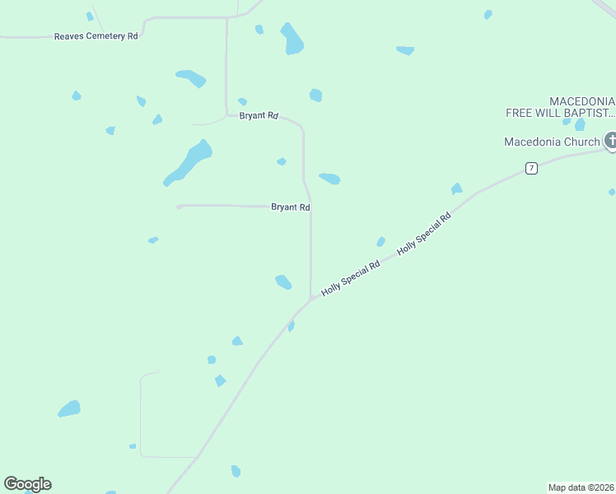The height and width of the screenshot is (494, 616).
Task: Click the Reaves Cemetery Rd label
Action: (x=96, y=36)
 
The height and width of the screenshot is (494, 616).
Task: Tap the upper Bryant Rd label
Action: (x=259, y=116)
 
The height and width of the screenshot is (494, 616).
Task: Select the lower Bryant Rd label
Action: (x=290, y=207)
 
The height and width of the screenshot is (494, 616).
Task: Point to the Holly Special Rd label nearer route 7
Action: (x=425, y=233)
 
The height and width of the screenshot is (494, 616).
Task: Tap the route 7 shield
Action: (x=531, y=168)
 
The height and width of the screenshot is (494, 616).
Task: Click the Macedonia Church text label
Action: (x=552, y=142)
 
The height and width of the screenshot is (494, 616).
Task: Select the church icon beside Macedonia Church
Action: (x=610, y=141)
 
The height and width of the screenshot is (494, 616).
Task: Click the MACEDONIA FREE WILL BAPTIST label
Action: (x=561, y=106)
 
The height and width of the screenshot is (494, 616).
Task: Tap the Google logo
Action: (x=27, y=484)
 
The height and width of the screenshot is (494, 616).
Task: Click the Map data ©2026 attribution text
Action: (x=581, y=487)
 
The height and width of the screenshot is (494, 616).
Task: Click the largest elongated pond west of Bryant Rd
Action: (x=189, y=161)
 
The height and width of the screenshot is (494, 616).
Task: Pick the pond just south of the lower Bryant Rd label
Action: (x=283, y=282)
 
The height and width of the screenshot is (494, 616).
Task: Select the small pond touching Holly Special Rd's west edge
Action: (x=291, y=326)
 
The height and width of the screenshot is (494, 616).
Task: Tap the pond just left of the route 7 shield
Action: (x=456, y=189)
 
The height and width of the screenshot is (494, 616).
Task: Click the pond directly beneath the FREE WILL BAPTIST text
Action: (x=580, y=124)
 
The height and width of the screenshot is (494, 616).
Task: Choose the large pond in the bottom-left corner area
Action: (x=69, y=409)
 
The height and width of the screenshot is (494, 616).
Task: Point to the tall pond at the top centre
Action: (x=292, y=39)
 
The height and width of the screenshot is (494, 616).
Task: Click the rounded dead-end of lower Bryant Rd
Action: (x=179, y=206)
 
